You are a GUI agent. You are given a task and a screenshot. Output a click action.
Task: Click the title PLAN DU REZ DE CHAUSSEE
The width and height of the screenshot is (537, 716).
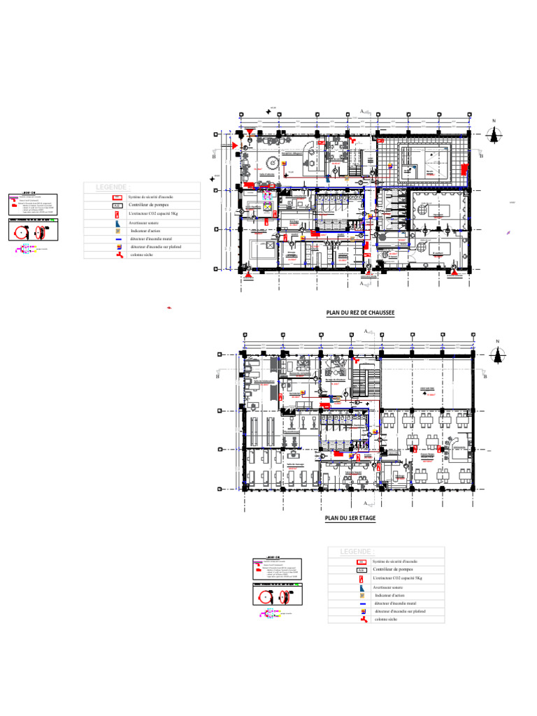click(x=360, y=313)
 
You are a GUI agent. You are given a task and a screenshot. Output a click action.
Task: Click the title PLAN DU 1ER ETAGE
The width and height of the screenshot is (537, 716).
click(x=350, y=518)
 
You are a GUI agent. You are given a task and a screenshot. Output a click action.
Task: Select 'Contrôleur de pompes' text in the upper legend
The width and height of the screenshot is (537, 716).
click(x=150, y=205)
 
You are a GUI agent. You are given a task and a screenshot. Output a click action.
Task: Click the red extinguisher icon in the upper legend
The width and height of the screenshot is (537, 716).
click(x=117, y=213)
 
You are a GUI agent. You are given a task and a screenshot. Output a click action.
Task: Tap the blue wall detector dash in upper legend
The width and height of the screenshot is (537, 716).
click(x=118, y=238)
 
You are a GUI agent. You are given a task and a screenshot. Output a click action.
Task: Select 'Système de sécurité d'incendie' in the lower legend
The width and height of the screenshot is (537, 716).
click(x=395, y=561)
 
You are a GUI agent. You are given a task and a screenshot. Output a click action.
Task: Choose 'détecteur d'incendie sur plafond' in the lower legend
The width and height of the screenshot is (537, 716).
click(x=400, y=611)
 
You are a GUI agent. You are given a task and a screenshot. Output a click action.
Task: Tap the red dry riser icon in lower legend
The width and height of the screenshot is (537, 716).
click(x=362, y=620)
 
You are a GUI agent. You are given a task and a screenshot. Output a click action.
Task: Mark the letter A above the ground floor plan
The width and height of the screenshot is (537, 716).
click(x=361, y=111)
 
